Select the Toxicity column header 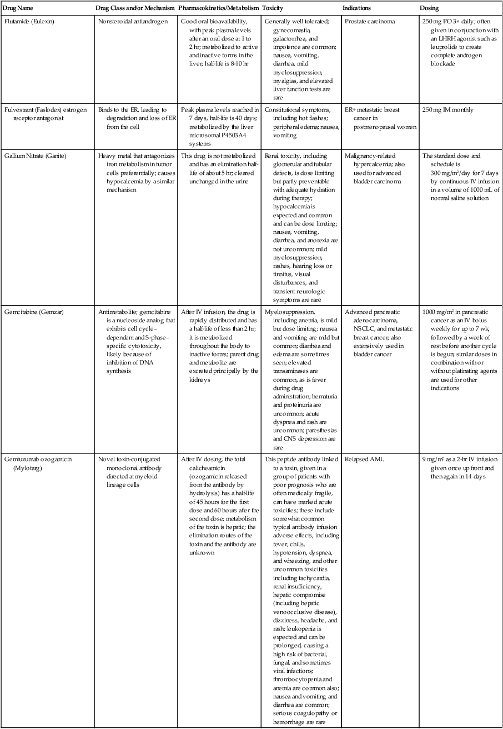click(273, 8)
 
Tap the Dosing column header click(430, 8)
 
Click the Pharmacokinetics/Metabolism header click(218, 8)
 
